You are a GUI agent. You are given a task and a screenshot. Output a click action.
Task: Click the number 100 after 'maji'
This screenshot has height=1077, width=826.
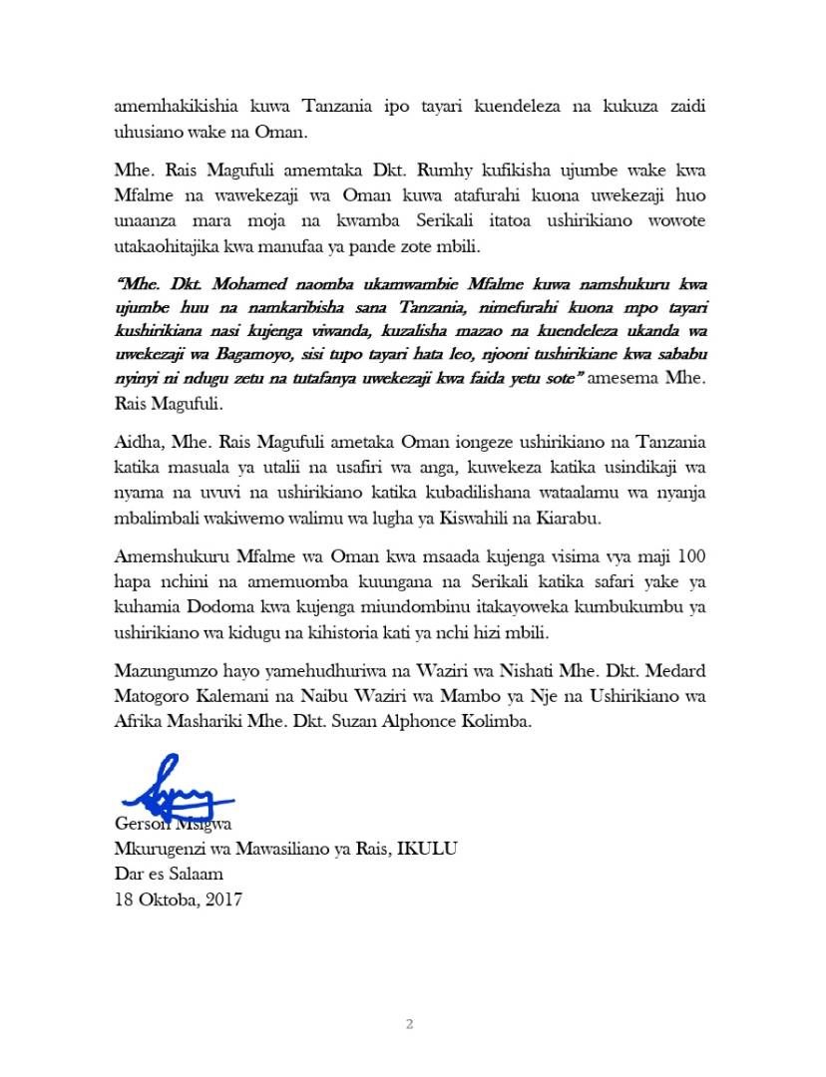689,554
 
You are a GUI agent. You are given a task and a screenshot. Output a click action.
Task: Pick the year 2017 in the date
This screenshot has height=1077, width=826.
218,899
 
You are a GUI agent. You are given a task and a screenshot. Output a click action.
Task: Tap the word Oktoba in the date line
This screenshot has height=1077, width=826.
166,899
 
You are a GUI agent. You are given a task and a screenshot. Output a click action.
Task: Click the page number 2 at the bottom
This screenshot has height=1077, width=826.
409,1023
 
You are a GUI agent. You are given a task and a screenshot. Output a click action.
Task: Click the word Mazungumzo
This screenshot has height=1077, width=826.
167,680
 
